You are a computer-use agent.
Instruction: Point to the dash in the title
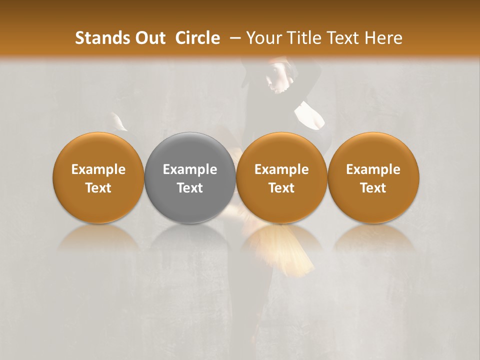click(x=233, y=38)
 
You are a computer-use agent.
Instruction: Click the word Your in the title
click(x=262, y=38)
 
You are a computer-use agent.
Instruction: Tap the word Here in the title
click(x=382, y=38)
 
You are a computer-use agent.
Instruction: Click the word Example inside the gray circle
click(x=190, y=169)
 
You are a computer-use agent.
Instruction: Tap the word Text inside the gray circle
click(x=190, y=188)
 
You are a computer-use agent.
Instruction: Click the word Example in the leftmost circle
click(x=98, y=169)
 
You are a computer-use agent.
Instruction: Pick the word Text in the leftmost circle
click(x=98, y=188)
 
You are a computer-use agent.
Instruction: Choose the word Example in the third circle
click(x=281, y=169)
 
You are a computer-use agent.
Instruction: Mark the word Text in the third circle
click(x=281, y=188)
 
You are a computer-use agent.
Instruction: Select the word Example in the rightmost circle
click(x=373, y=169)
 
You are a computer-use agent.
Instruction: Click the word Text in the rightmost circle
click(x=373, y=188)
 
